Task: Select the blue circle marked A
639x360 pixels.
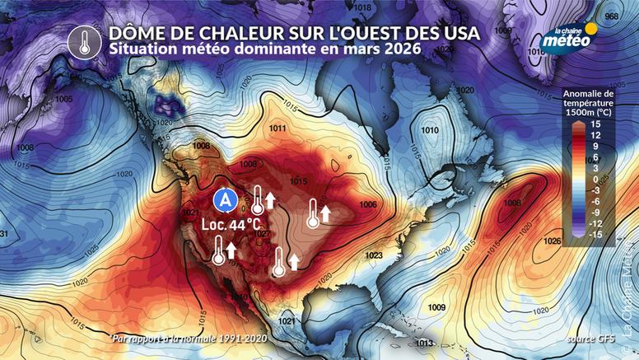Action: tap(223, 199)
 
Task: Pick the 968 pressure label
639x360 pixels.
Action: tap(611, 16)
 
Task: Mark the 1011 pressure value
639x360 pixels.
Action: tap(278, 129)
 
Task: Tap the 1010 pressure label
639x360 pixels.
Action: tap(429, 130)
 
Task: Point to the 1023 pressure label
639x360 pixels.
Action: tap(374, 256)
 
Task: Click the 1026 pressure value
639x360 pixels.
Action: tap(553, 241)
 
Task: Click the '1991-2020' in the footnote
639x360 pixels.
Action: tap(245, 339)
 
